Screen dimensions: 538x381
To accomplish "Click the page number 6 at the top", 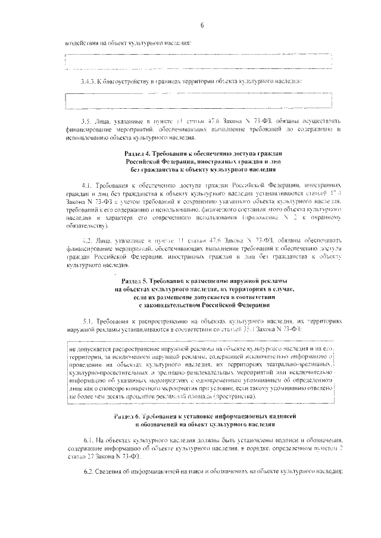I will tap(202, 24).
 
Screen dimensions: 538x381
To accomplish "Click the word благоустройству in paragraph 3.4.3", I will tap(127, 81).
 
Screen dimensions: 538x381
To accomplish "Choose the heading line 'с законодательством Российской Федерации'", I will tap(202, 305).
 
